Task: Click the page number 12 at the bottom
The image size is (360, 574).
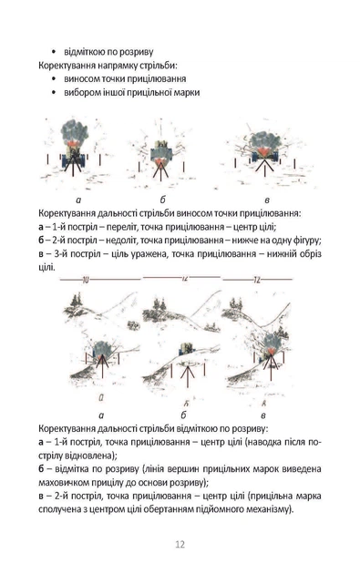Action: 180,544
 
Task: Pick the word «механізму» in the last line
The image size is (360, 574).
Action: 273,509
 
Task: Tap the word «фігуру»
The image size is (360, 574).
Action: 307,241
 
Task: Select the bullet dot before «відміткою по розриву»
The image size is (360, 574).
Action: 54,52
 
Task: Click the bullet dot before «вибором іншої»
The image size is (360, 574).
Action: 54,93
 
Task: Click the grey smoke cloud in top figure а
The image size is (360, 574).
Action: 75,130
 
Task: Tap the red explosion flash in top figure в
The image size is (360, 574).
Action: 263,151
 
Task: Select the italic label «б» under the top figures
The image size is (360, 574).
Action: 162,200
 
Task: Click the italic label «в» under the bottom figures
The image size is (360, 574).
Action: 263,415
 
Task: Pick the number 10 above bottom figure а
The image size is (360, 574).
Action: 86,281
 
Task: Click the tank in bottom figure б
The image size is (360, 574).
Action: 186,348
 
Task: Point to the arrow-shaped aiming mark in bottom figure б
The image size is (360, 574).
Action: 188,375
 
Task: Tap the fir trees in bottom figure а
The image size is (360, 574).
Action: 77,300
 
